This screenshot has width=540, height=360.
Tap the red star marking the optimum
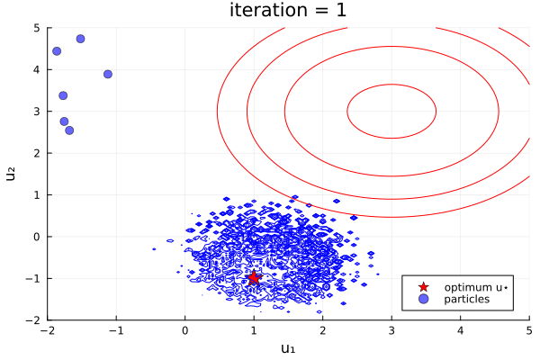point(254,277)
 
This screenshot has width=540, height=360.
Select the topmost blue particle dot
point(80,39)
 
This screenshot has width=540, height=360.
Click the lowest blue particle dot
point(69,130)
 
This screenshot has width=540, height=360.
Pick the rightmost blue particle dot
point(108,74)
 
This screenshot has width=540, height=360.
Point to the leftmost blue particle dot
point(57,51)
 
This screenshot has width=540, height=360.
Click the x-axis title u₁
point(288,348)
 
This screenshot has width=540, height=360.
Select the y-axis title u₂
point(12,174)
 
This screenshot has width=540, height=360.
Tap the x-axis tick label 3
point(391,330)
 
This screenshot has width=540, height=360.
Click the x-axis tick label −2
point(48,330)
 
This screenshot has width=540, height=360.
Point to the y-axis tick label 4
point(37,69)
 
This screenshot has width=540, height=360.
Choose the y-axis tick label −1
point(33,278)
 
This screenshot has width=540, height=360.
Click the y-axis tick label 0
point(37,237)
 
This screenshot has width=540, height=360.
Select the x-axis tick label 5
point(528,330)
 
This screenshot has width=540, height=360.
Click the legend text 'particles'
point(467,299)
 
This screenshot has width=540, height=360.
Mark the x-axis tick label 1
point(254,330)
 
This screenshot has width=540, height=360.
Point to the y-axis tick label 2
point(37,153)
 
